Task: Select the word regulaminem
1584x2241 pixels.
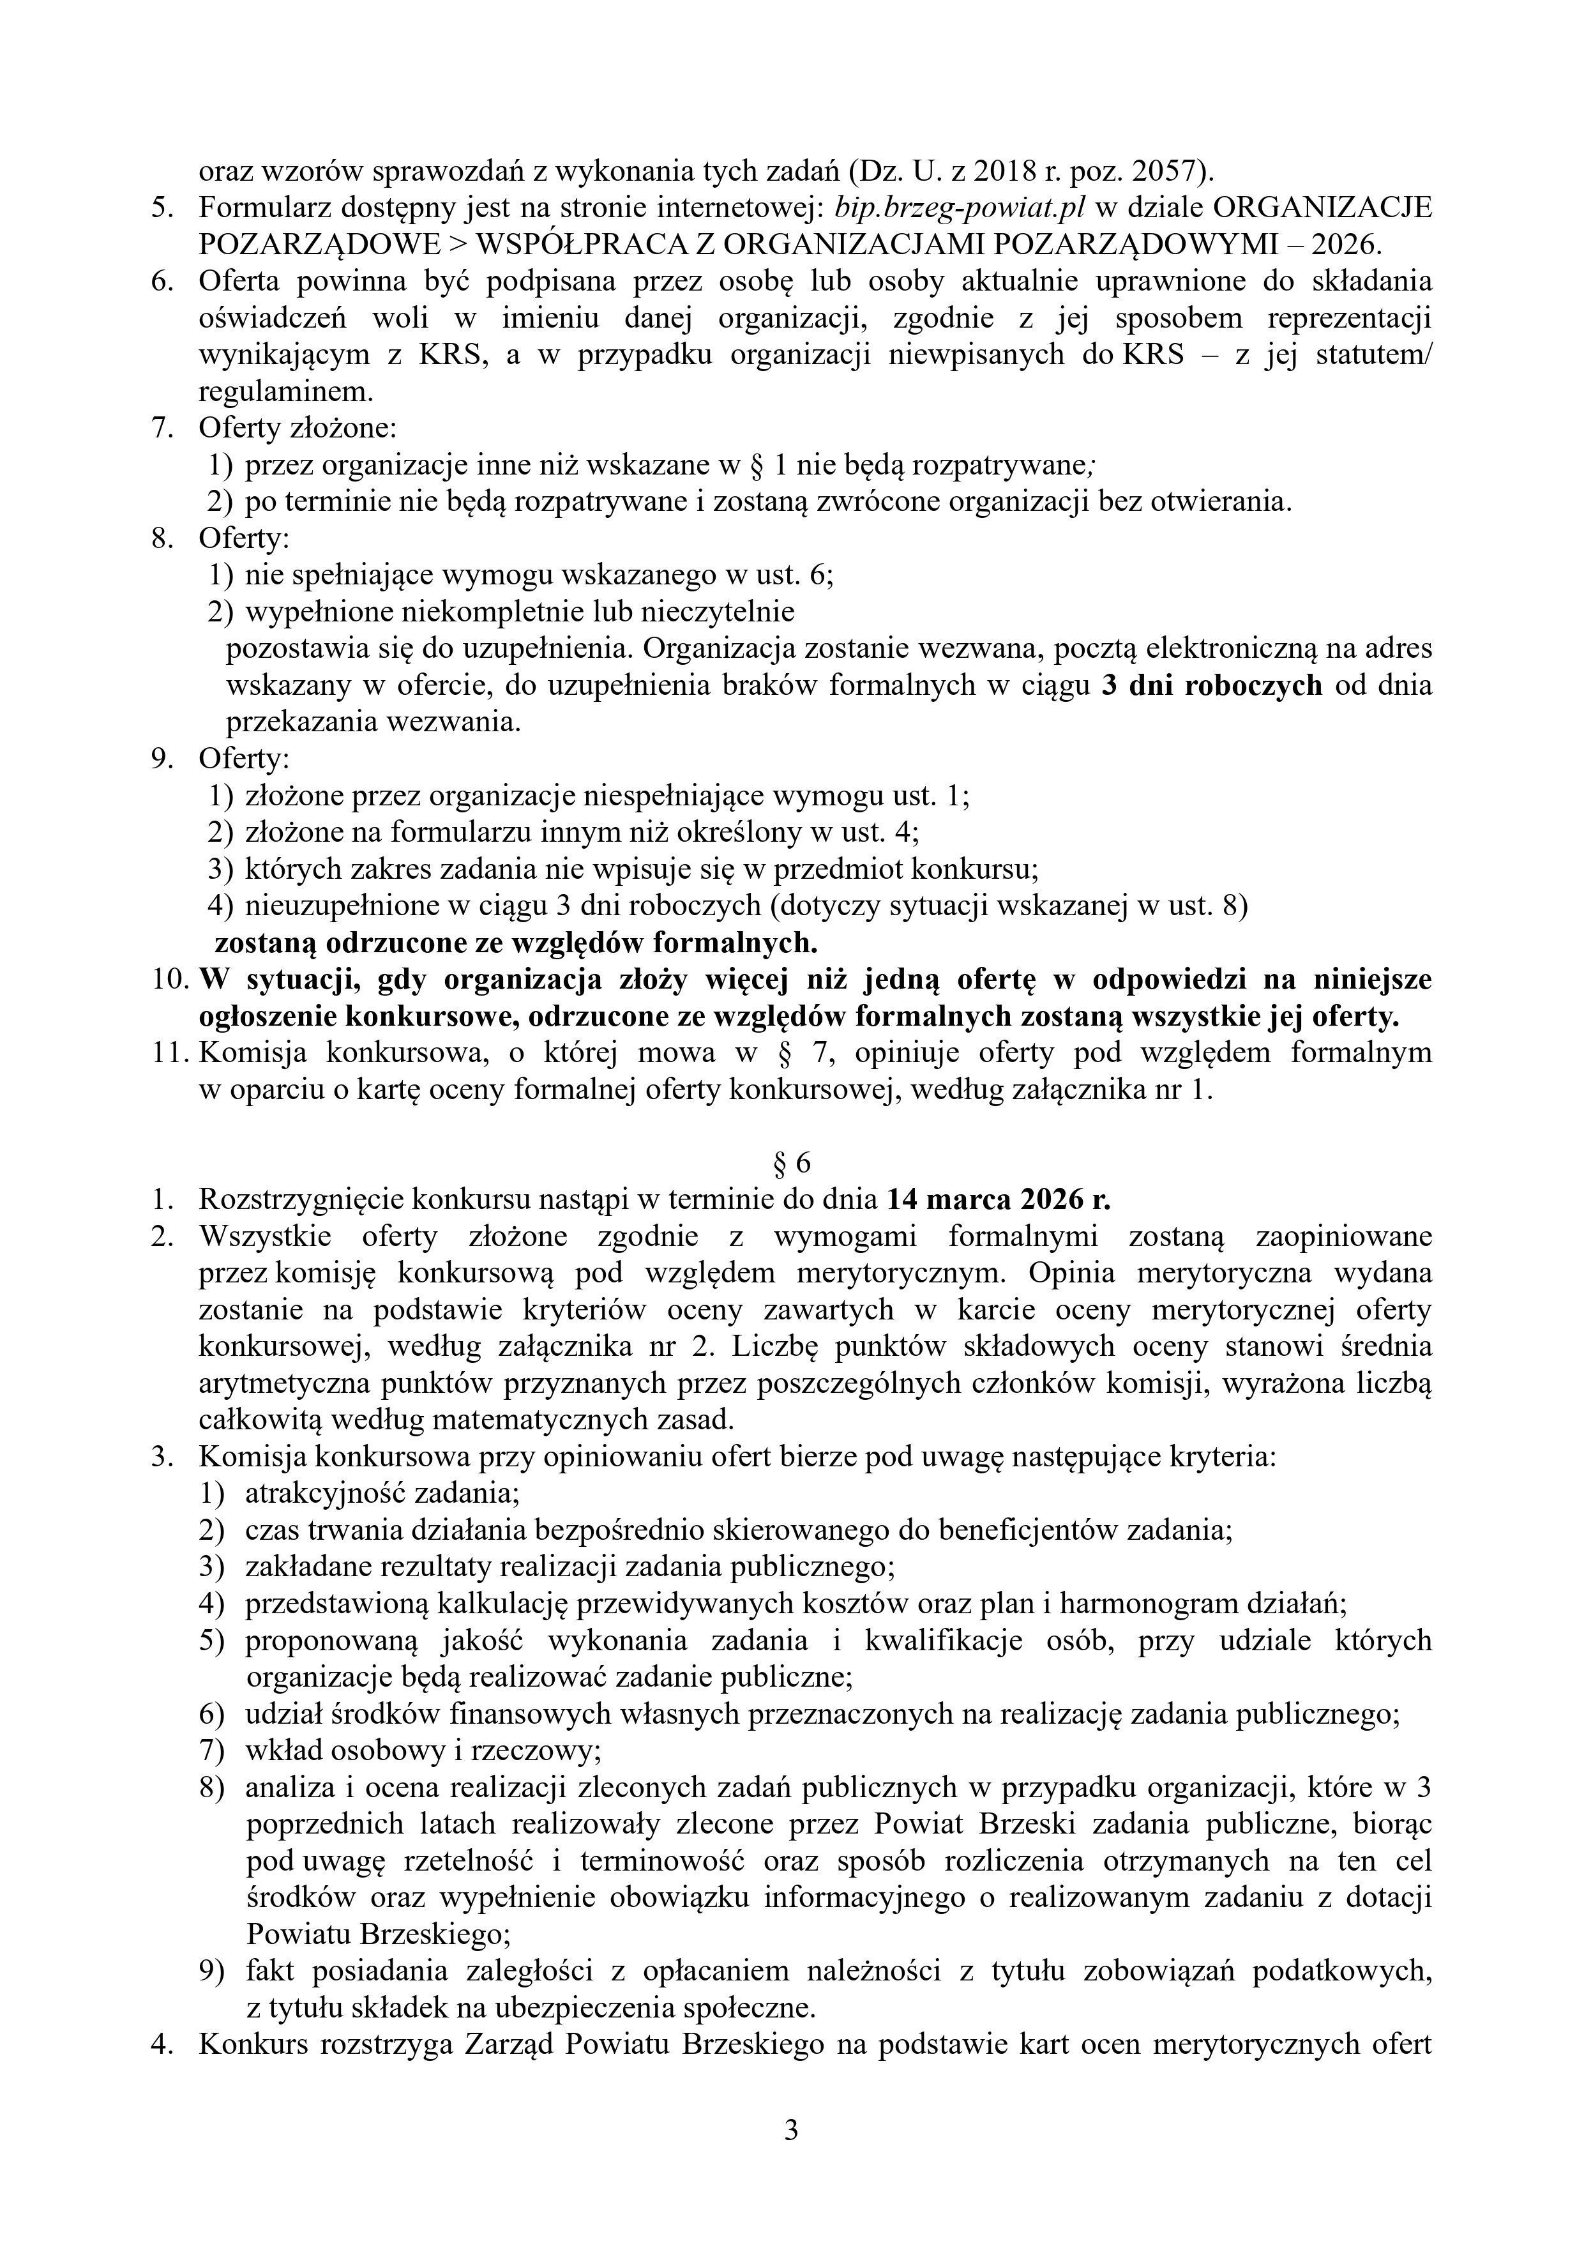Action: pyautogui.click(x=285, y=391)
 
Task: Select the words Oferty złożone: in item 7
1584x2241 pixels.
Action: pyautogui.click(x=298, y=429)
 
